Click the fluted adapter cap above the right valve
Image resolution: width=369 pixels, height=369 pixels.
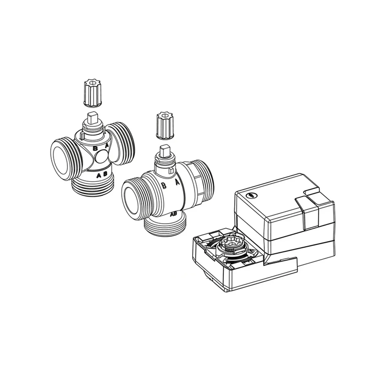point(165,126)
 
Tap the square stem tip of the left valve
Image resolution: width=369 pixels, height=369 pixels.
point(93,117)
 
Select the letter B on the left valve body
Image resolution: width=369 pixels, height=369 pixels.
point(95,148)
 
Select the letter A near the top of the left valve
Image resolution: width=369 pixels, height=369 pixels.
point(107,146)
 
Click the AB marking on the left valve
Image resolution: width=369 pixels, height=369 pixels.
point(102,175)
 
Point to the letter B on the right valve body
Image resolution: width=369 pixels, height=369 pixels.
point(164,185)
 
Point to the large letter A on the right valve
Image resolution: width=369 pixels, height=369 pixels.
point(177,182)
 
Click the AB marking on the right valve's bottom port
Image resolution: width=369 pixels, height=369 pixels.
point(173,214)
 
